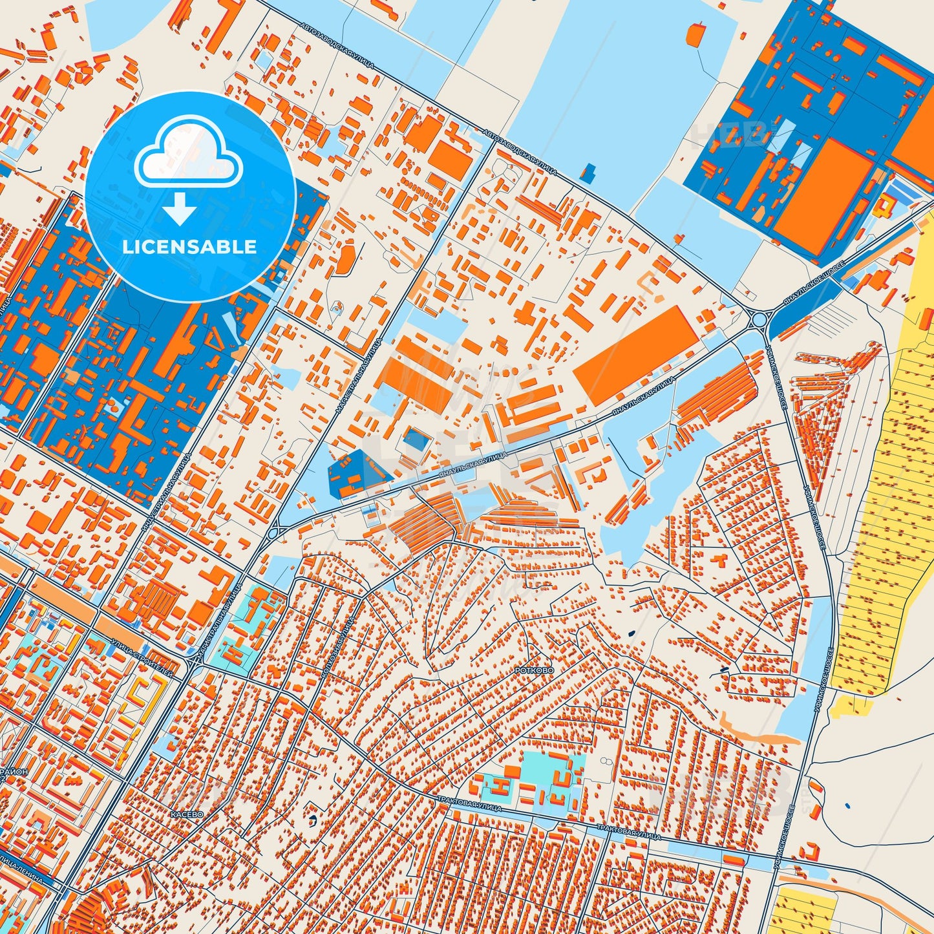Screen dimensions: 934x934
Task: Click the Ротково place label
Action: pyautogui.click(x=534, y=671)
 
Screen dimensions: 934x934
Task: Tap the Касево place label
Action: pyautogui.click(x=187, y=814)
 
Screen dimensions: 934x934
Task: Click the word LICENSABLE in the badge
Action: pyautogui.click(x=190, y=247)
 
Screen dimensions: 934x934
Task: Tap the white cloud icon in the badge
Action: pyautogui.click(x=188, y=154)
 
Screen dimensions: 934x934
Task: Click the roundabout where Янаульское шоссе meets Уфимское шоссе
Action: pyautogui.click(x=760, y=319)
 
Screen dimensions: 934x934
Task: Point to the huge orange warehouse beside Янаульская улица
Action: pyautogui.click(x=635, y=354)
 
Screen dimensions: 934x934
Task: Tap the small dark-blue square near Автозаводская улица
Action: pyautogui.click(x=588, y=173)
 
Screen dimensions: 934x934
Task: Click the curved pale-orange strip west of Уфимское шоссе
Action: pyautogui.click(x=756, y=730)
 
